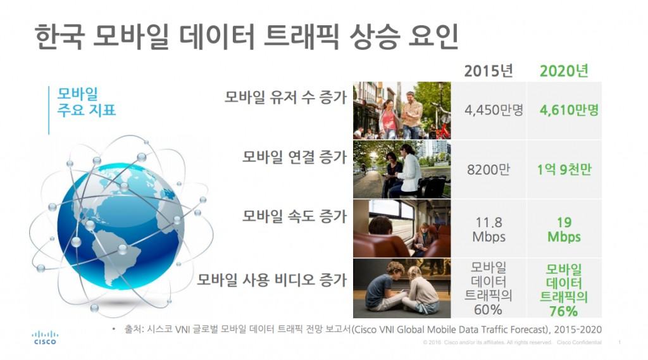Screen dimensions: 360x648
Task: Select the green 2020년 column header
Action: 564,71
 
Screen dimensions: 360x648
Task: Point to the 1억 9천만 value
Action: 564,170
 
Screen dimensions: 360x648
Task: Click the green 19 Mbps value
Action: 564,230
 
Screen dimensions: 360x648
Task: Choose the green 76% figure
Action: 564,311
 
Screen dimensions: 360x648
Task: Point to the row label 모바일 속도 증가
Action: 294,216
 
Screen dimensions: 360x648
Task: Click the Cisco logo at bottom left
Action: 44,337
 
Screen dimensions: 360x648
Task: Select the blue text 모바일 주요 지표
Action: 86,102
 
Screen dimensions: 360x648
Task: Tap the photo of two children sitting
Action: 402,288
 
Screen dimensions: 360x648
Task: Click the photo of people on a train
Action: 402,228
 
